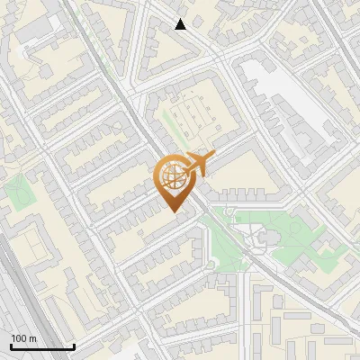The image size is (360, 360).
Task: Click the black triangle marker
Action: [181, 24]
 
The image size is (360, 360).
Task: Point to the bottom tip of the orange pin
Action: [174, 212]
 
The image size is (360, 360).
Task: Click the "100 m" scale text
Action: [23, 338]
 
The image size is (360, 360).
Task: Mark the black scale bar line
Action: [42, 346]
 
